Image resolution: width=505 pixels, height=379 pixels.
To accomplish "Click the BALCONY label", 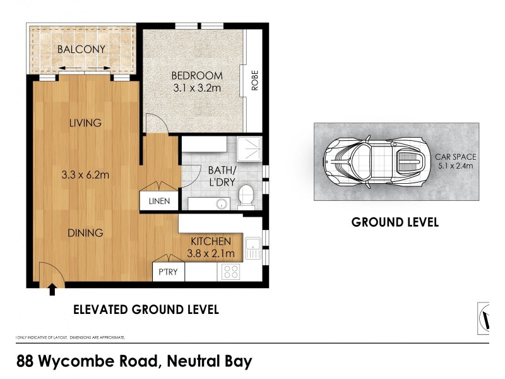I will coord(81,49).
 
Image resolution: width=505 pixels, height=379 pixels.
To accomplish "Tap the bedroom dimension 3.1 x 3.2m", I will coord(196,89).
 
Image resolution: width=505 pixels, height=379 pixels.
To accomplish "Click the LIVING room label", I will coord(85,123).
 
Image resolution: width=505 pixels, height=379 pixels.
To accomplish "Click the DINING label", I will coord(85,233).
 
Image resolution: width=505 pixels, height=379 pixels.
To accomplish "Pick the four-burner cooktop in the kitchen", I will coord(231,272).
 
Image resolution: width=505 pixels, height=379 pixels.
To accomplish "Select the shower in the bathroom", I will coord(249,150).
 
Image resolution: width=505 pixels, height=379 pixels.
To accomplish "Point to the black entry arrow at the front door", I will coord(52,290).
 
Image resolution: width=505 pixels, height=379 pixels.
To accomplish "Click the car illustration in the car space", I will coord(372,162).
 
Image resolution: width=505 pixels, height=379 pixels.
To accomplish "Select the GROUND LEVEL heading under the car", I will coord(395,222).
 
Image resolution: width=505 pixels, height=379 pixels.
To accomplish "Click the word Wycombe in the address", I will coord(100,362).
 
